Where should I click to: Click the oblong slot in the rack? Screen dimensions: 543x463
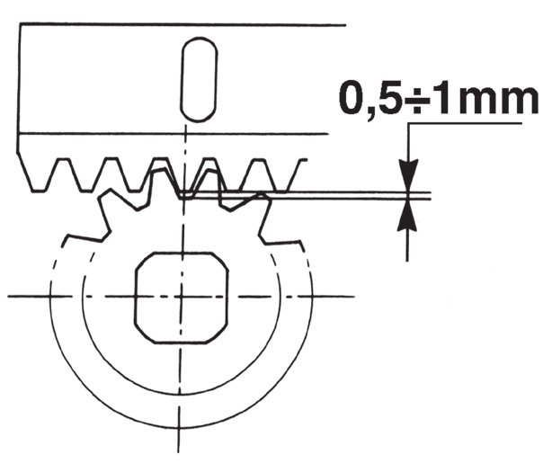pos(199,80)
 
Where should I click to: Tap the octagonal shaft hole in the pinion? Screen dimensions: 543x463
pos(181,298)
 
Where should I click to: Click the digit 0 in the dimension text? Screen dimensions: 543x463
pos(352,98)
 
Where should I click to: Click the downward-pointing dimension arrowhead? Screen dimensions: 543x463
pos(409,176)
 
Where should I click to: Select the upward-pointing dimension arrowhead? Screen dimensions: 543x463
pos(407,215)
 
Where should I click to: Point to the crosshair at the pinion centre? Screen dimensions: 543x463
pos(181,297)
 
